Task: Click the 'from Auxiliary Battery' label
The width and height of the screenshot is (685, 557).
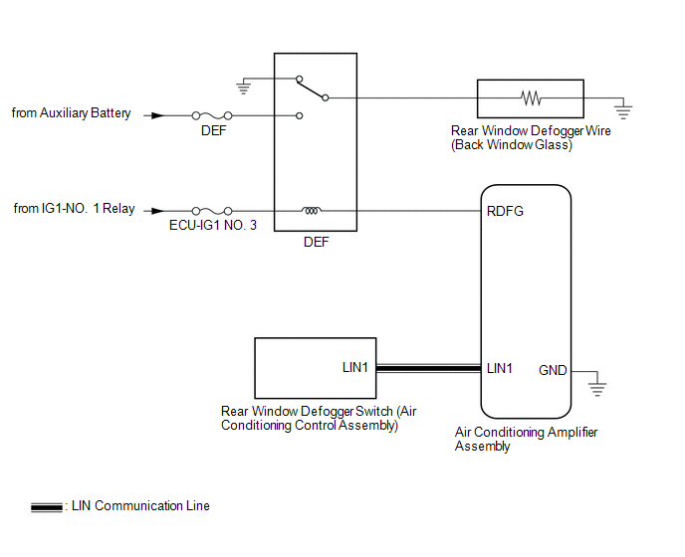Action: (x=71, y=113)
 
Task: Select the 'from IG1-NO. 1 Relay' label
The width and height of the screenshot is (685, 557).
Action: (x=74, y=209)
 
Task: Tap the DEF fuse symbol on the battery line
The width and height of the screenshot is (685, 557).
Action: (x=211, y=115)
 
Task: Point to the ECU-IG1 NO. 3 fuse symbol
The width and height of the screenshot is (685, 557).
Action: (x=211, y=211)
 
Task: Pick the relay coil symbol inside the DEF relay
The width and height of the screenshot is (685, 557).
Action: (x=312, y=211)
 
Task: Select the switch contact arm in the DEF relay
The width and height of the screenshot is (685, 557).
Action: (x=312, y=89)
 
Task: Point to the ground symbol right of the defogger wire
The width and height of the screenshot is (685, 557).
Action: (x=622, y=105)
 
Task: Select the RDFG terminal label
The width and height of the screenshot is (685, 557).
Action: (x=505, y=211)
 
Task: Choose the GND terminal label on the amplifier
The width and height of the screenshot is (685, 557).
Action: (x=553, y=370)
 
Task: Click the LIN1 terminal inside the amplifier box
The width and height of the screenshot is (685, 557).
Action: (x=500, y=368)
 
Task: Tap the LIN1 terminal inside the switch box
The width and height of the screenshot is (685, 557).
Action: (x=355, y=368)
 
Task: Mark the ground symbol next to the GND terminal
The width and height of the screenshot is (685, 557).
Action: (x=597, y=385)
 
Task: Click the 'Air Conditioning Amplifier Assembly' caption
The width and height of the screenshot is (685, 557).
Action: (x=526, y=439)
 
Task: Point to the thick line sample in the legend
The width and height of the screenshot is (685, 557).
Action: (x=46, y=506)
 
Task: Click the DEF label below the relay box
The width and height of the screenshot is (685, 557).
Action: (x=315, y=242)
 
